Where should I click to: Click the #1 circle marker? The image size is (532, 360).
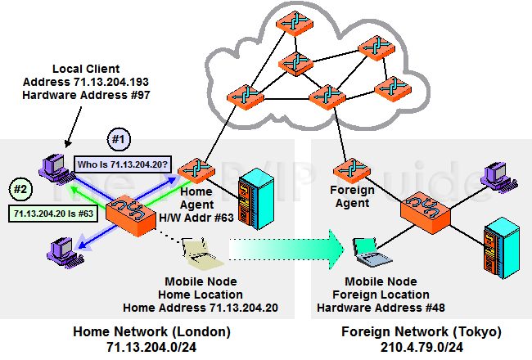click(119, 140)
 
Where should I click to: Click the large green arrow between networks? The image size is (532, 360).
click(286, 248)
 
